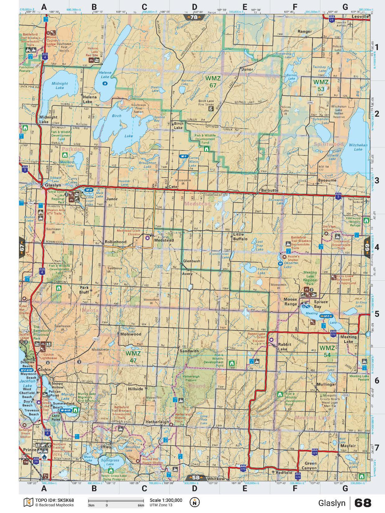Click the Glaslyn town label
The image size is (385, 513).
(x=53, y=185)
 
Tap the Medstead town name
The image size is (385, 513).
(x=164, y=240)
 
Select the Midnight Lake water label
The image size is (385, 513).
(x=60, y=86)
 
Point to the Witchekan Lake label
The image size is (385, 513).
(x=358, y=147)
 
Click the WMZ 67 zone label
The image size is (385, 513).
(x=213, y=82)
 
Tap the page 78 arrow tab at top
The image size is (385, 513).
(x=194, y=17)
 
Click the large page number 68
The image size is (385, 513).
(x=362, y=503)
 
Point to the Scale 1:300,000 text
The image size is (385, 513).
(x=166, y=500)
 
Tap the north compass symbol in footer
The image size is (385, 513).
(x=195, y=502)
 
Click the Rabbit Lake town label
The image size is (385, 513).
(x=282, y=347)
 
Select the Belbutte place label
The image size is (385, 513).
(x=270, y=191)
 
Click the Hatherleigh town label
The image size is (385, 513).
(x=157, y=422)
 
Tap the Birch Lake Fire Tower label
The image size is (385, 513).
(x=206, y=103)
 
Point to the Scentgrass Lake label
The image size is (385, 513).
(x=110, y=462)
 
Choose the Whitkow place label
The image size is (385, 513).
(x=216, y=479)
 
